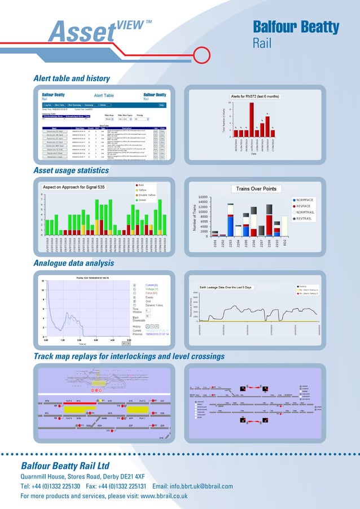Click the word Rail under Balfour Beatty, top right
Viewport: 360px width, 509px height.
point(264,43)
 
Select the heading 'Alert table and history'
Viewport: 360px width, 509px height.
point(72,78)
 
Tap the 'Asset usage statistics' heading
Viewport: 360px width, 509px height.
point(71,170)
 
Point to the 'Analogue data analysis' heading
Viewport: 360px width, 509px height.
point(73,263)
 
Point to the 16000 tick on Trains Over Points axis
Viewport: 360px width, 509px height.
point(202,197)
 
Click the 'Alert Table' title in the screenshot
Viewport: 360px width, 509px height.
point(103,95)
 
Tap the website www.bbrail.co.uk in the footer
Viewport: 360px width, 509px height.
point(164,496)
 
